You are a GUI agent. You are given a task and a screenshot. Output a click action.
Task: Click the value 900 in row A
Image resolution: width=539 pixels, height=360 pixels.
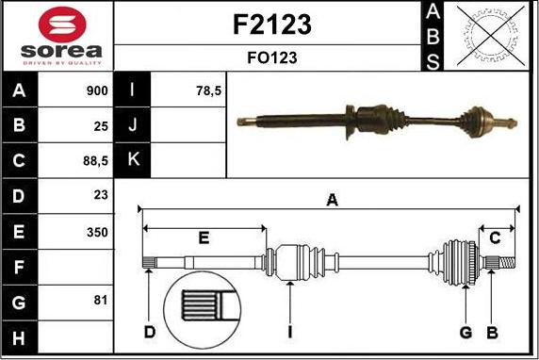tap(96, 91)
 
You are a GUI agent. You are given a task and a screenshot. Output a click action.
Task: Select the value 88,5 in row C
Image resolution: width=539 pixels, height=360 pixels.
tap(96, 161)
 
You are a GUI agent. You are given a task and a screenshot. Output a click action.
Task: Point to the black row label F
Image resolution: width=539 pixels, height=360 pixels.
tap(20, 267)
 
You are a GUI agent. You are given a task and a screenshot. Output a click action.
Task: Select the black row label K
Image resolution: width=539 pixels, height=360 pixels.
tap(133, 161)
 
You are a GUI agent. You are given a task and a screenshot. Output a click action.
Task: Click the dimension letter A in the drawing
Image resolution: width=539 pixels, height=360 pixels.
tap(331, 199)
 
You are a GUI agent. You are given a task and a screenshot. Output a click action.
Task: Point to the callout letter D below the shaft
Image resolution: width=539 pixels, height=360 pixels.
tap(149, 332)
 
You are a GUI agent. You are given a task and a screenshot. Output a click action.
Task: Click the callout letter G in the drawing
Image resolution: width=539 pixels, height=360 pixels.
tap(465, 332)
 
